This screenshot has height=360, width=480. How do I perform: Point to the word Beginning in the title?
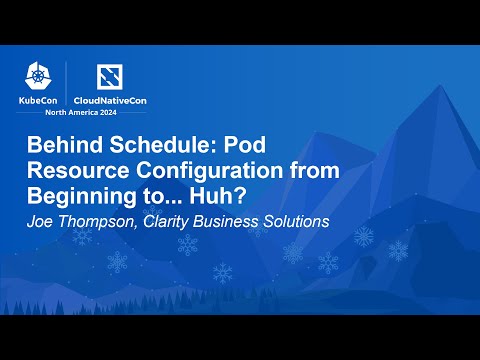point(76,196)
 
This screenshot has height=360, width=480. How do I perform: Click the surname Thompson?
point(96,222)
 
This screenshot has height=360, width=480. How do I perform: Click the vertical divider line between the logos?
point(67,84)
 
